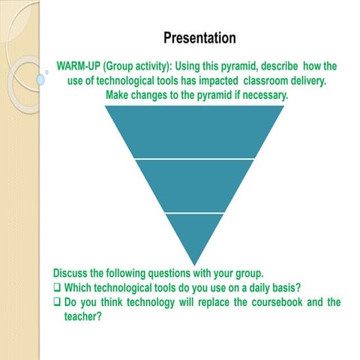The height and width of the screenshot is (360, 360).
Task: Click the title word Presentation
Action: pyautogui.click(x=199, y=37)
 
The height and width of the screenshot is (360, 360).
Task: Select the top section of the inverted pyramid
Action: pyautogui.click(x=193, y=131)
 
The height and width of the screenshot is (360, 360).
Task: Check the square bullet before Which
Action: pyautogui.click(x=58, y=287)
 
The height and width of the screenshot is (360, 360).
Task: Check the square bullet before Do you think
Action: pyautogui.click(x=58, y=303)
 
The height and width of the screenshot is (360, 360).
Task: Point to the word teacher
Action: pyautogui.click(x=82, y=317)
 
